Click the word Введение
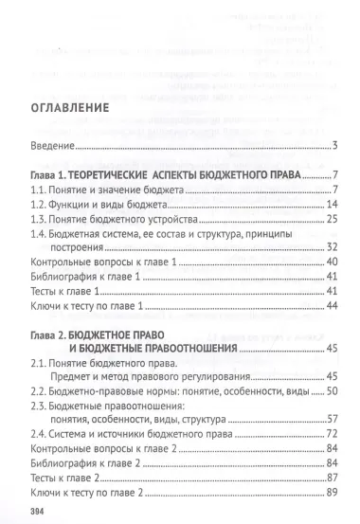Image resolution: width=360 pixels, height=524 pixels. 53,145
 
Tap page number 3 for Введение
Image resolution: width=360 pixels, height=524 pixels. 335,145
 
